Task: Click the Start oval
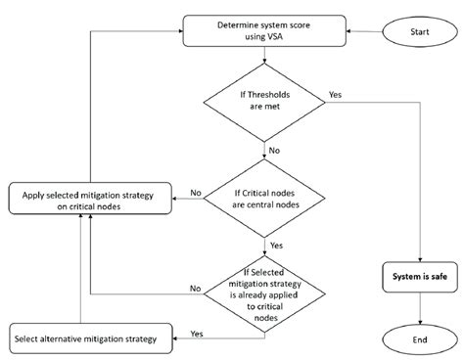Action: pos(419,32)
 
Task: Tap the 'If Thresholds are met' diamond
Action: pos(266,102)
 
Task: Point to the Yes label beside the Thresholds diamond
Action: pos(336,95)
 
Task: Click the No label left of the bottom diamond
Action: pos(195,289)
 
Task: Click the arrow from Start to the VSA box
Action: pos(364,32)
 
